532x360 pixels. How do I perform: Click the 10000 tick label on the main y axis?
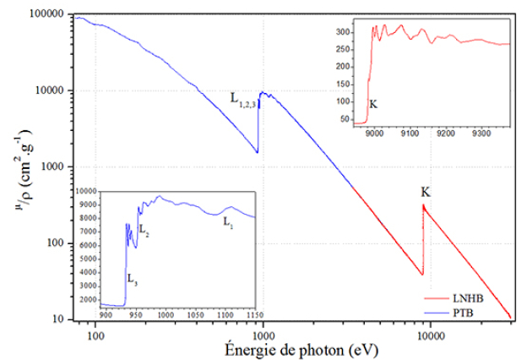point(48,91)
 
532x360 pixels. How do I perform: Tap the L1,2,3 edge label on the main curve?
point(242,99)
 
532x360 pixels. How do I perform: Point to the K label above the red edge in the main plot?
point(426,193)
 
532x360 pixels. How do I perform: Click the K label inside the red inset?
point(373,105)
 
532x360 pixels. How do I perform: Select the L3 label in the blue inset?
point(133,277)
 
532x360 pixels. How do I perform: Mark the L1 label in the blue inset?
point(228,222)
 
